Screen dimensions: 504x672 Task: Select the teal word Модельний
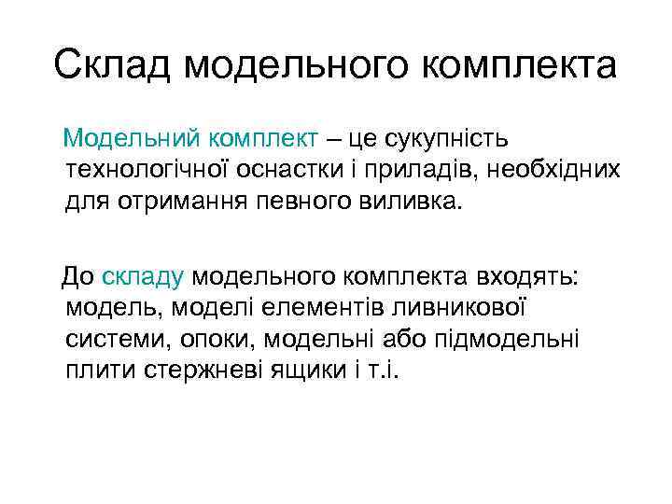pos(132,139)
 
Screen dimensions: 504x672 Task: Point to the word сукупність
pos(441,139)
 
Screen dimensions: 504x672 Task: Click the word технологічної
pos(162,170)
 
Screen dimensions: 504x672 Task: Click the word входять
pos(527,277)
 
